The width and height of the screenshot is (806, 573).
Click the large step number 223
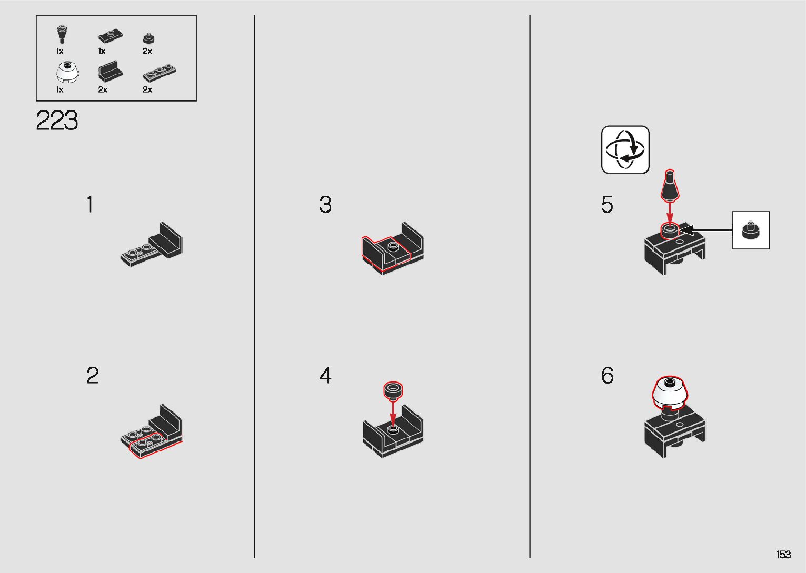point(57,120)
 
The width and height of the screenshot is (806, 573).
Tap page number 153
point(783,554)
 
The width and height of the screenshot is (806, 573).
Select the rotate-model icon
point(625,149)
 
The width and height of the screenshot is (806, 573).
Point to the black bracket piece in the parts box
point(111,71)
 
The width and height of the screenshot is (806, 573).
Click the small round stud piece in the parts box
point(148,38)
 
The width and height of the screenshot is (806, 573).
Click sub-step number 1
point(90,204)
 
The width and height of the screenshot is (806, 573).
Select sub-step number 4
point(325,376)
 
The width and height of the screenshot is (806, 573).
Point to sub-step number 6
point(608,376)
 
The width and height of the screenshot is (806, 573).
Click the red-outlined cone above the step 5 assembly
point(670,185)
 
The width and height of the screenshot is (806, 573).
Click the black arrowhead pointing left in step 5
point(686,230)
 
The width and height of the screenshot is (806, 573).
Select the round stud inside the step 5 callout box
point(751,230)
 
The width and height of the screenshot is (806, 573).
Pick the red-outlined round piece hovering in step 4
point(393,390)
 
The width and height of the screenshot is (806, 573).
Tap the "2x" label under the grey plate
point(147,89)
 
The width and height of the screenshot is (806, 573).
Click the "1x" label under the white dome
point(59,89)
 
